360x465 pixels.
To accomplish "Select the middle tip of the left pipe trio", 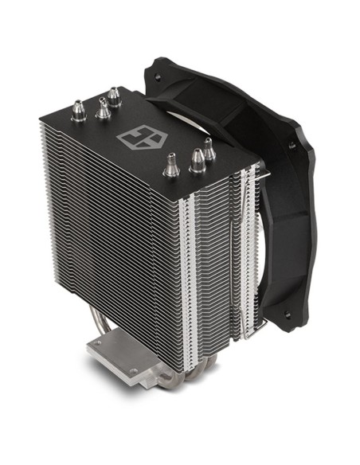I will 104,109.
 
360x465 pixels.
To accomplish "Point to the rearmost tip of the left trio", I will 115,97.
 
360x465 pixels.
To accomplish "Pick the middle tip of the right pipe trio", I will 196,161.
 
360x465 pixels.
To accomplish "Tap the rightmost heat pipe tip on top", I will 208,148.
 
